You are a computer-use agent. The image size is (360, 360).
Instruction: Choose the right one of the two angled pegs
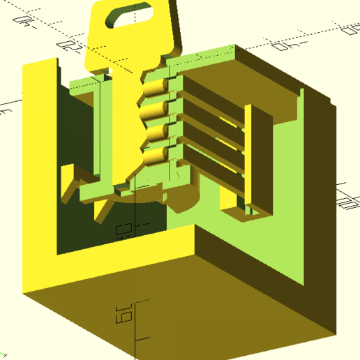click(104, 207)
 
